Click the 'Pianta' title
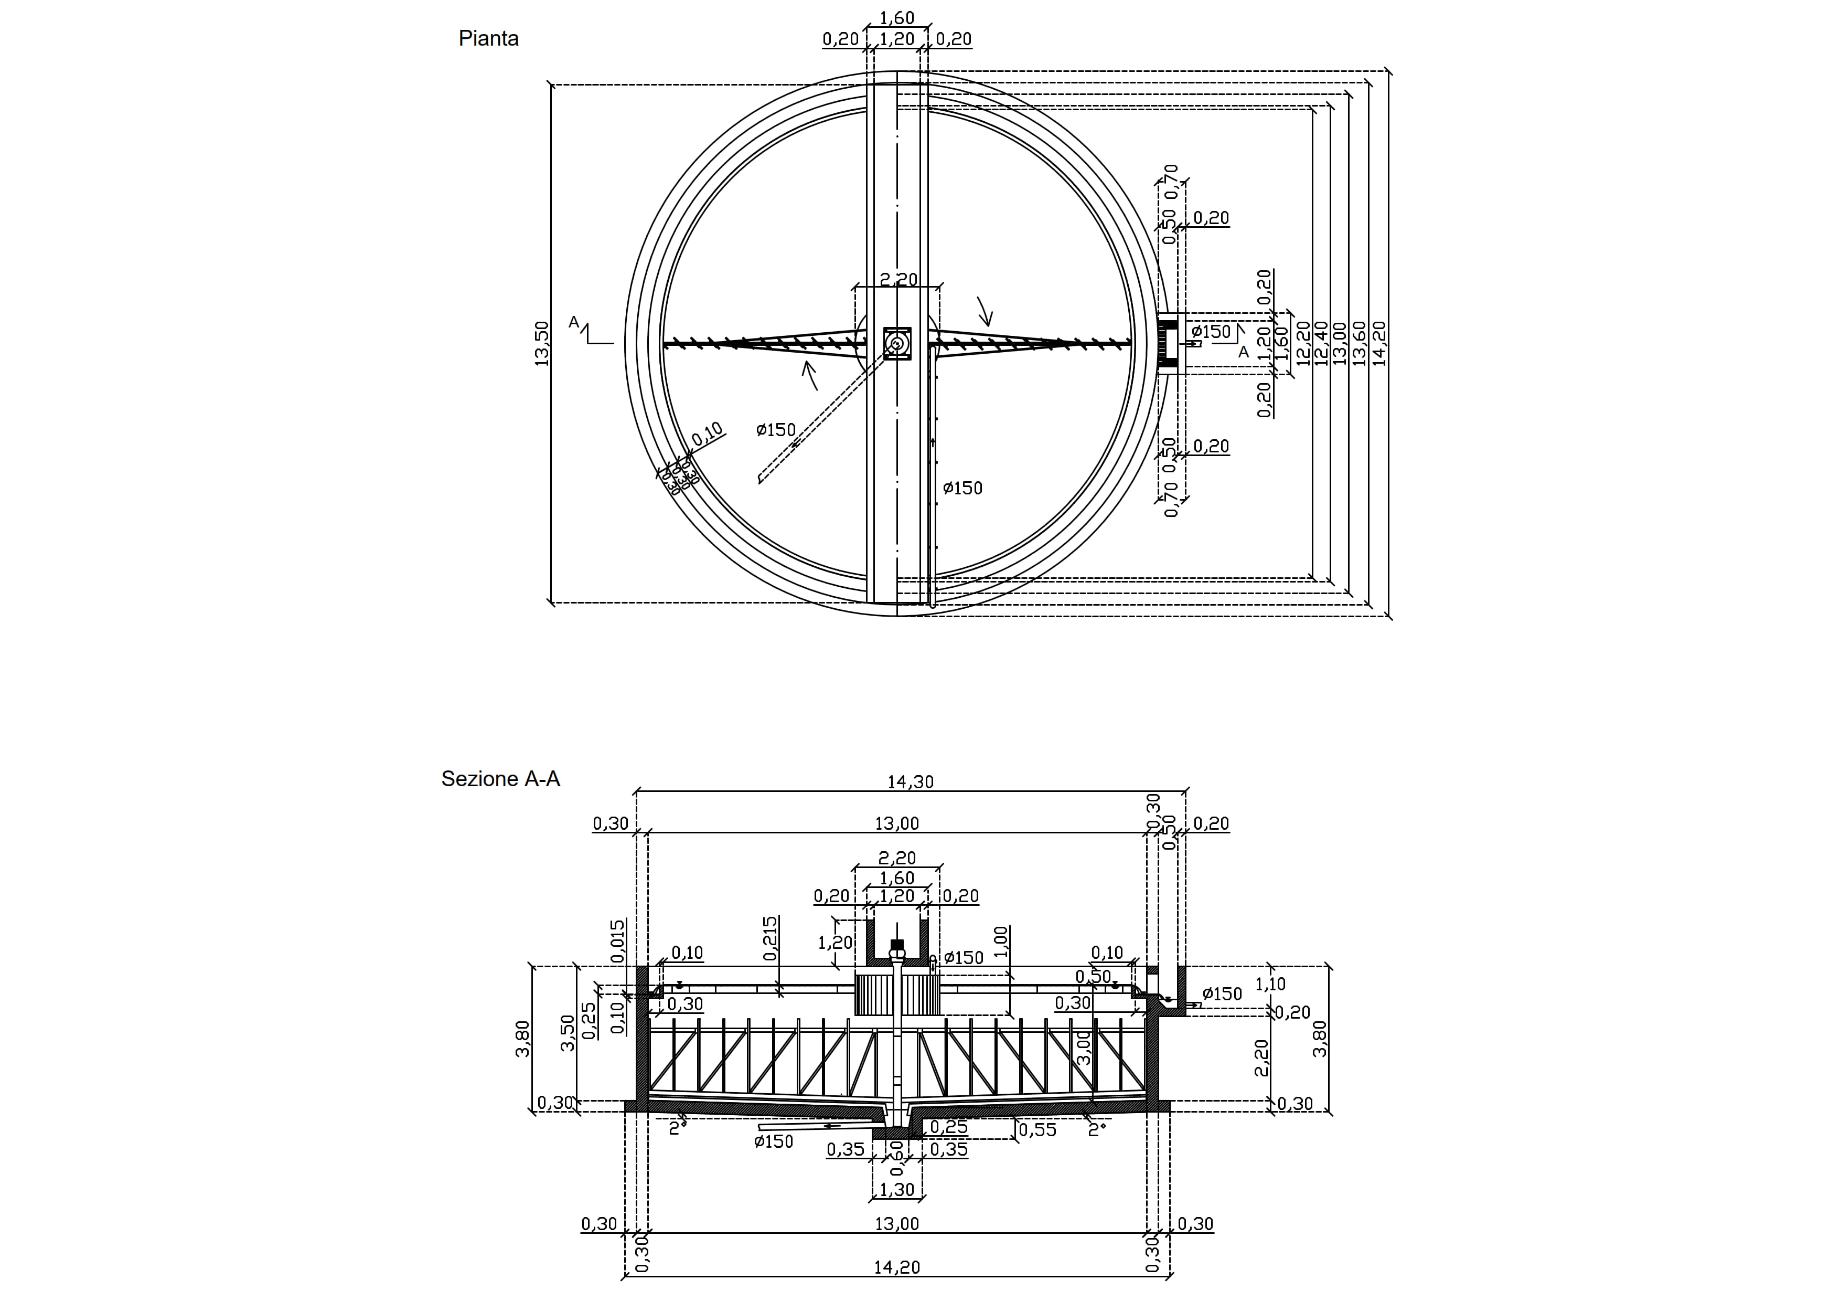[488, 38]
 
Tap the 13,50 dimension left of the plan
[542, 344]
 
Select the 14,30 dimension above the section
[911, 781]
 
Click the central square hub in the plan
[897, 344]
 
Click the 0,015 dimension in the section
[617, 941]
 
